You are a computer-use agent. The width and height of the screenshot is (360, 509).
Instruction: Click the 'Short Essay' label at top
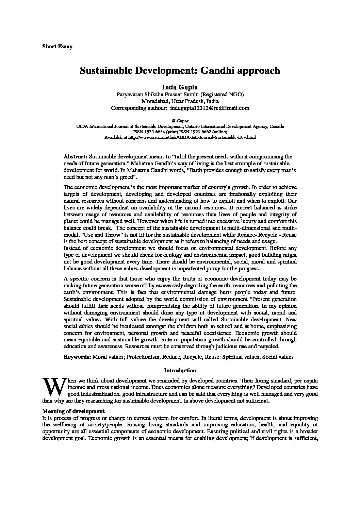coord(57,47)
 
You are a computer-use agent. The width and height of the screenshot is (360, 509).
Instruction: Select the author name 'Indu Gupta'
coord(180,88)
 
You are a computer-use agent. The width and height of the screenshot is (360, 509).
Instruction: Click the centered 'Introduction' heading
coord(180,371)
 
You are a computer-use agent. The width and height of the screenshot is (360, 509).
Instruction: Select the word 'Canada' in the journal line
coord(277,126)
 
